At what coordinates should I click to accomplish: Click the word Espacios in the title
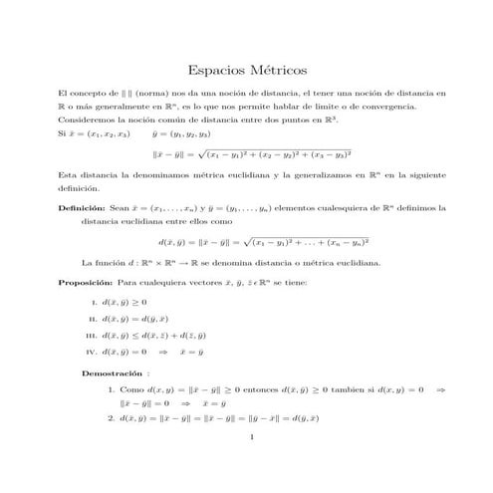(x=217, y=71)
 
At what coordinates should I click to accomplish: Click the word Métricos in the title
(x=278, y=71)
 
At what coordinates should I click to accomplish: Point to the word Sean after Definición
(x=122, y=208)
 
